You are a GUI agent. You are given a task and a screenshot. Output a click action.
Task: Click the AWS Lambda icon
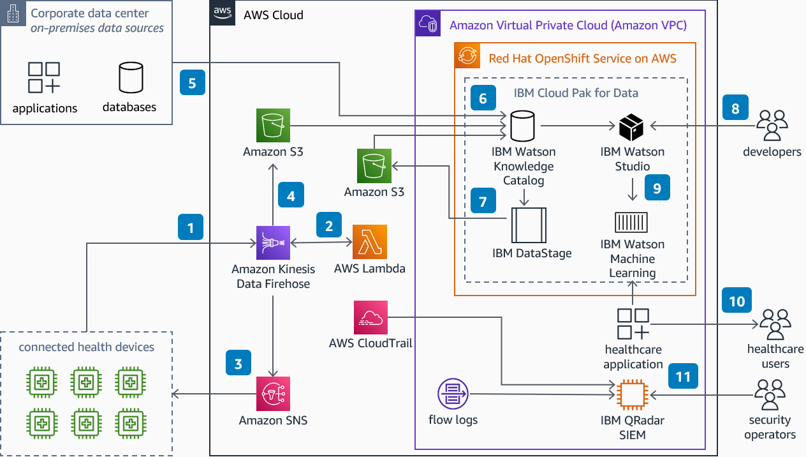click(x=370, y=242)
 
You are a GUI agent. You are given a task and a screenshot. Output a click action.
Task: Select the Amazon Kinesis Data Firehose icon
click(x=273, y=243)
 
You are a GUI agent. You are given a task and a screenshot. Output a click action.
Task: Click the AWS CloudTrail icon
click(x=370, y=317)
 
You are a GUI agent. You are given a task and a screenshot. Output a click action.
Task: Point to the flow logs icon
click(x=453, y=393)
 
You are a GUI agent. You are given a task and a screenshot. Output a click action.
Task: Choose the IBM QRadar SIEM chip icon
click(x=632, y=394)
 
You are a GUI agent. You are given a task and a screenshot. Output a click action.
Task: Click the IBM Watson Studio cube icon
click(x=631, y=128)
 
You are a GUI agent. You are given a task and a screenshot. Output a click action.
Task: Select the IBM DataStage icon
click(x=524, y=226)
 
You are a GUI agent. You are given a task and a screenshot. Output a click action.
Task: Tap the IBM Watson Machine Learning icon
click(x=631, y=221)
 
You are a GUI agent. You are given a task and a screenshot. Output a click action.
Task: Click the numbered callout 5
click(x=193, y=82)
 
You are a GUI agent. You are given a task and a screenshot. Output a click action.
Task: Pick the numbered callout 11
click(x=683, y=377)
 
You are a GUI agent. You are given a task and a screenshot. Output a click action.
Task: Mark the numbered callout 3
click(x=238, y=364)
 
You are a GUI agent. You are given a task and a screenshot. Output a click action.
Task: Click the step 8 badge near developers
click(x=735, y=108)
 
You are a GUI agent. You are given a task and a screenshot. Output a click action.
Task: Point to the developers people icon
click(x=772, y=126)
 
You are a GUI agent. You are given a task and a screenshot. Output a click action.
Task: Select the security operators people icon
click(x=771, y=394)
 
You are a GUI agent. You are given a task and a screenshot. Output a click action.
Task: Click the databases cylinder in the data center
click(x=131, y=77)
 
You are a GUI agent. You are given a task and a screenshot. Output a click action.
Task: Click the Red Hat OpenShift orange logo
click(x=467, y=56)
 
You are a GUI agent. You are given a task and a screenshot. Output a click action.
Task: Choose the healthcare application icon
click(x=633, y=324)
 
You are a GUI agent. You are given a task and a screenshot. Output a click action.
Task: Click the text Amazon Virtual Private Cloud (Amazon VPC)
click(x=568, y=26)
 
